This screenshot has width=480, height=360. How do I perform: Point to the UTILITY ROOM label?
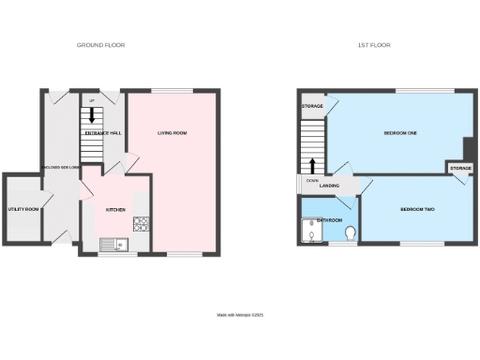(x=21, y=209)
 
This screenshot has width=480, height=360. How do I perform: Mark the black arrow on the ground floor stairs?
(x=92, y=115)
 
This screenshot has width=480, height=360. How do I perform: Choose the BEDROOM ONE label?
(x=400, y=133)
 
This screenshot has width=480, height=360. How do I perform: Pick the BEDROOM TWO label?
(x=416, y=208)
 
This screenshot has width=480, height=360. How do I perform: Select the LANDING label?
(x=329, y=186)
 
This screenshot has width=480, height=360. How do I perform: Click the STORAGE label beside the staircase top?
(x=312, y=106)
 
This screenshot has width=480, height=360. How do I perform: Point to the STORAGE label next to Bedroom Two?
(x=459, y=168)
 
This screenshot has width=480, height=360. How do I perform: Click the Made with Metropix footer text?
(x=240, y=316)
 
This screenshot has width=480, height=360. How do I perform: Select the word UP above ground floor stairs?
(x=92, y=100)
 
